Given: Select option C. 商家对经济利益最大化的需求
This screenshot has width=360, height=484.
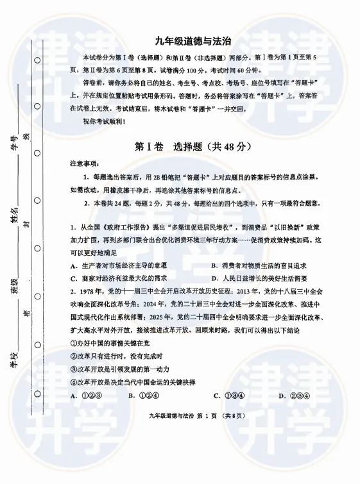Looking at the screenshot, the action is [118, 278].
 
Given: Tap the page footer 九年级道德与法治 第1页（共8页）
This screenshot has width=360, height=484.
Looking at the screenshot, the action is [196, 416].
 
